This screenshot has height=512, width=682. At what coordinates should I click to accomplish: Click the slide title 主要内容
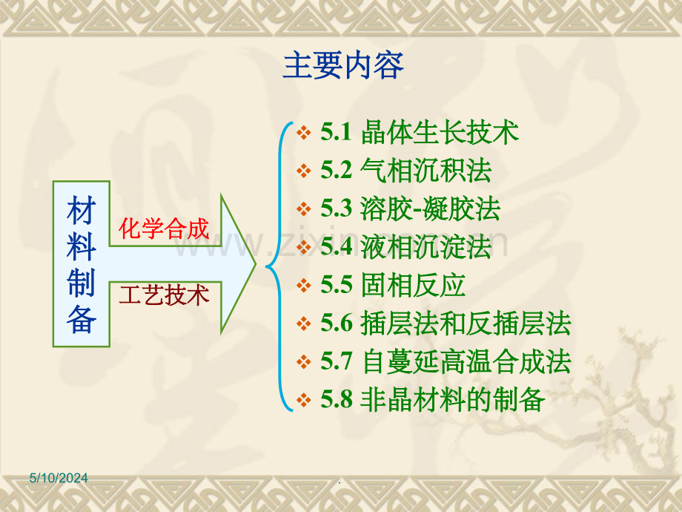click(x=343, y=66)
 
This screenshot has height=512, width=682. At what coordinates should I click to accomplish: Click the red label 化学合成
click(x=164, y=229)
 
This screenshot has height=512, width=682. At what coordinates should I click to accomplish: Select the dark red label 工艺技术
click(x=164, y=295)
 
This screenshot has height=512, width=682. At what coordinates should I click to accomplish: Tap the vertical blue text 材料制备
click(x=82, y=264)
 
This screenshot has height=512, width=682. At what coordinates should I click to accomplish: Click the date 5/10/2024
click(x=59, y=478)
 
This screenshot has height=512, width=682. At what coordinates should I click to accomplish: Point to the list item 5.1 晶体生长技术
click(x=420, y=132)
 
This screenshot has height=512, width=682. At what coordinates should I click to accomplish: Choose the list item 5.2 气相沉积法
click(x=406, y=170)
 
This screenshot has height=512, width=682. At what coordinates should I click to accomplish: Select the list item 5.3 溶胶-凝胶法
click(x=411, y=209)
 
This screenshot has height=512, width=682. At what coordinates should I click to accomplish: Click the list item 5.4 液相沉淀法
click(x=406, y=247)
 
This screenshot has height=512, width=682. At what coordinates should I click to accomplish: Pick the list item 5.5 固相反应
click(x=393, y=285)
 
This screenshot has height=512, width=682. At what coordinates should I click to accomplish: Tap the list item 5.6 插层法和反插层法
click(x=446, y=324)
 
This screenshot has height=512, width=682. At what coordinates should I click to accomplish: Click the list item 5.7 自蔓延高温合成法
click(x=446, y=362)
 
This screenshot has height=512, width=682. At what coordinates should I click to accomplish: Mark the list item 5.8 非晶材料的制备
click(x=433, y=400)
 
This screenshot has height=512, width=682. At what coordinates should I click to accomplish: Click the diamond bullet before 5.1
click(x=304, y=132)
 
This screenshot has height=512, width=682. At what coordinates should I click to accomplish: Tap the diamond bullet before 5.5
click(x=304, y=286)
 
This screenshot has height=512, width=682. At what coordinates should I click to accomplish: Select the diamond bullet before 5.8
click(x=304, y=400)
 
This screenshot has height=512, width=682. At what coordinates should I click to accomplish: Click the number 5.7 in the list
click(x=337, y=361)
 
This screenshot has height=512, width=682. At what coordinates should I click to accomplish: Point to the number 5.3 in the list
click(x=337, y=208)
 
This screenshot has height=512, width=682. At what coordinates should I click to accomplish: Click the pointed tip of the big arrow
click(x=255, y=264)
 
